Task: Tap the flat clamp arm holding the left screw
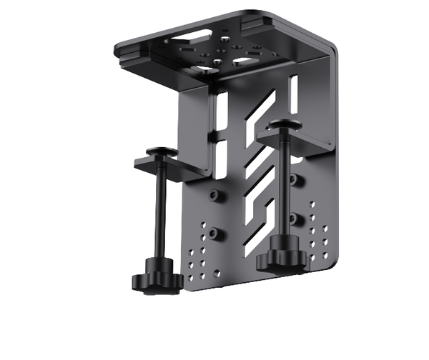(x=175, y=169)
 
